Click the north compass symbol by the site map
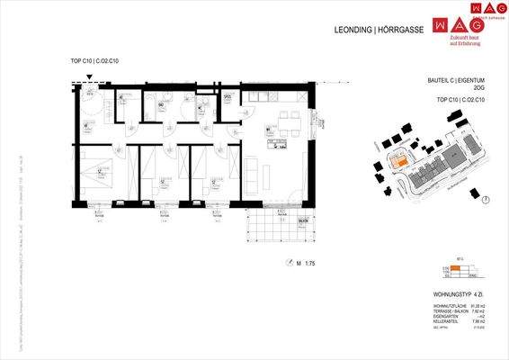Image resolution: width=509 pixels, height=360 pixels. point(486,200)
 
